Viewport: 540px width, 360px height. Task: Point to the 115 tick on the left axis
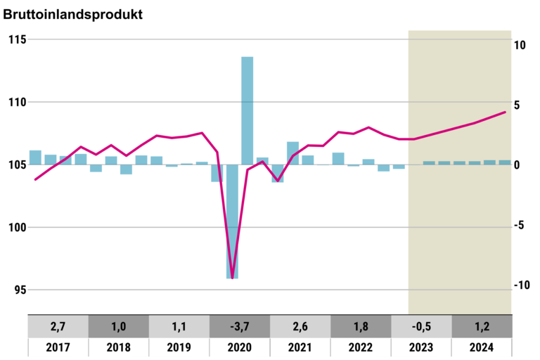tap(18, 39)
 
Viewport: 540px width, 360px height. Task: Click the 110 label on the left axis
tap(18, 102)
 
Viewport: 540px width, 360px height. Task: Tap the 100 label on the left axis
tap(18, 227)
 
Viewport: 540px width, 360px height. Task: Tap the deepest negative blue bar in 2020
tap(232, 221)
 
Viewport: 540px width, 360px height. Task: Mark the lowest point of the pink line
tap(232, 278)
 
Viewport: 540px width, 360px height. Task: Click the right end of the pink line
tap(505, 112)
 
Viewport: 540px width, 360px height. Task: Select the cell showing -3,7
tap(240, 327)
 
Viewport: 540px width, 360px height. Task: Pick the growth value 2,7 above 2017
tap(58, 327)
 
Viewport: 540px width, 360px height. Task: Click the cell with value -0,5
tap(421, 327)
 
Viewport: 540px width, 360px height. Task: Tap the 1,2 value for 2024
tap(482, 327)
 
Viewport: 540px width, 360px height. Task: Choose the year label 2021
tap(300, 347)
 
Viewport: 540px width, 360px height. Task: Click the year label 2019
tap(179, 347)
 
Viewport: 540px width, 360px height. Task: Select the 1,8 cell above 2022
tap(361, 327)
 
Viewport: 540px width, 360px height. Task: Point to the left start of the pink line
tap(36, 179)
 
